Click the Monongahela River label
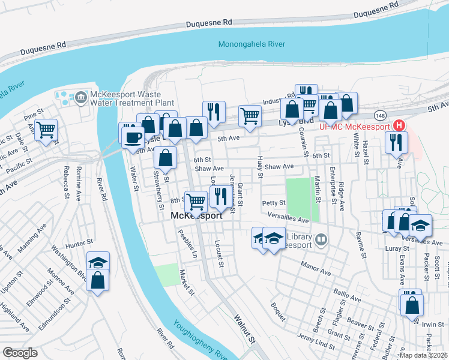pos(252,44)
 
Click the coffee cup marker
pos(133,137)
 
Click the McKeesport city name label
pos(196,215)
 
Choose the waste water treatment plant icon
pos(79,96)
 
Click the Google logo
pos(20,352)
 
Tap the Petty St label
pos(273,203)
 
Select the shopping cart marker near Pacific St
pos(46,129)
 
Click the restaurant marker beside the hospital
pos(397,142)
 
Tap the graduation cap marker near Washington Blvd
pos(98,262)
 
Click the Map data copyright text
pos(423,355)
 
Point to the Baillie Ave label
pos(347,294)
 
